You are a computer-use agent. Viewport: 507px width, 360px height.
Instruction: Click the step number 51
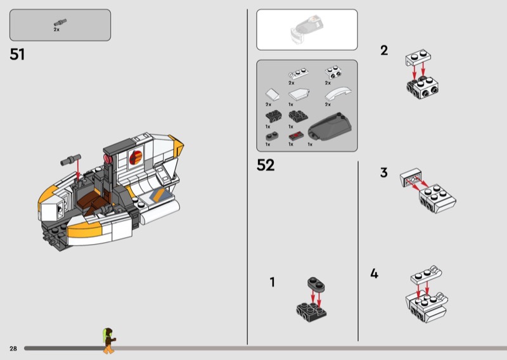[17, 55]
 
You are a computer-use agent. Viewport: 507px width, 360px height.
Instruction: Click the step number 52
[266, 165]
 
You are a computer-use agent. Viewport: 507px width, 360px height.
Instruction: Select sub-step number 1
[273, 282]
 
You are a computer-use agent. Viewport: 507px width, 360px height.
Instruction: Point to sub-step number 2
[384, 51]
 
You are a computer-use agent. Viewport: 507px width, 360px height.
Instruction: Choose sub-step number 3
[383, 172]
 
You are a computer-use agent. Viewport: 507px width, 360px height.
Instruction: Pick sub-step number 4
[375, 274]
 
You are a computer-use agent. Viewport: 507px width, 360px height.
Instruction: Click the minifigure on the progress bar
[109, 340]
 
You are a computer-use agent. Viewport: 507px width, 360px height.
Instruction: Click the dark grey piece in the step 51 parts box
[57, 23]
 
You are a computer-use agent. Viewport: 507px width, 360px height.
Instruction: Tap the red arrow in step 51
[77, 168]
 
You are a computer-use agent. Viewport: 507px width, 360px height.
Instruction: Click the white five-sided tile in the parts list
[271, 94]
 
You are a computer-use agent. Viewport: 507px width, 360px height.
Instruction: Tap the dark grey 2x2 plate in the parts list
[296, 115]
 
